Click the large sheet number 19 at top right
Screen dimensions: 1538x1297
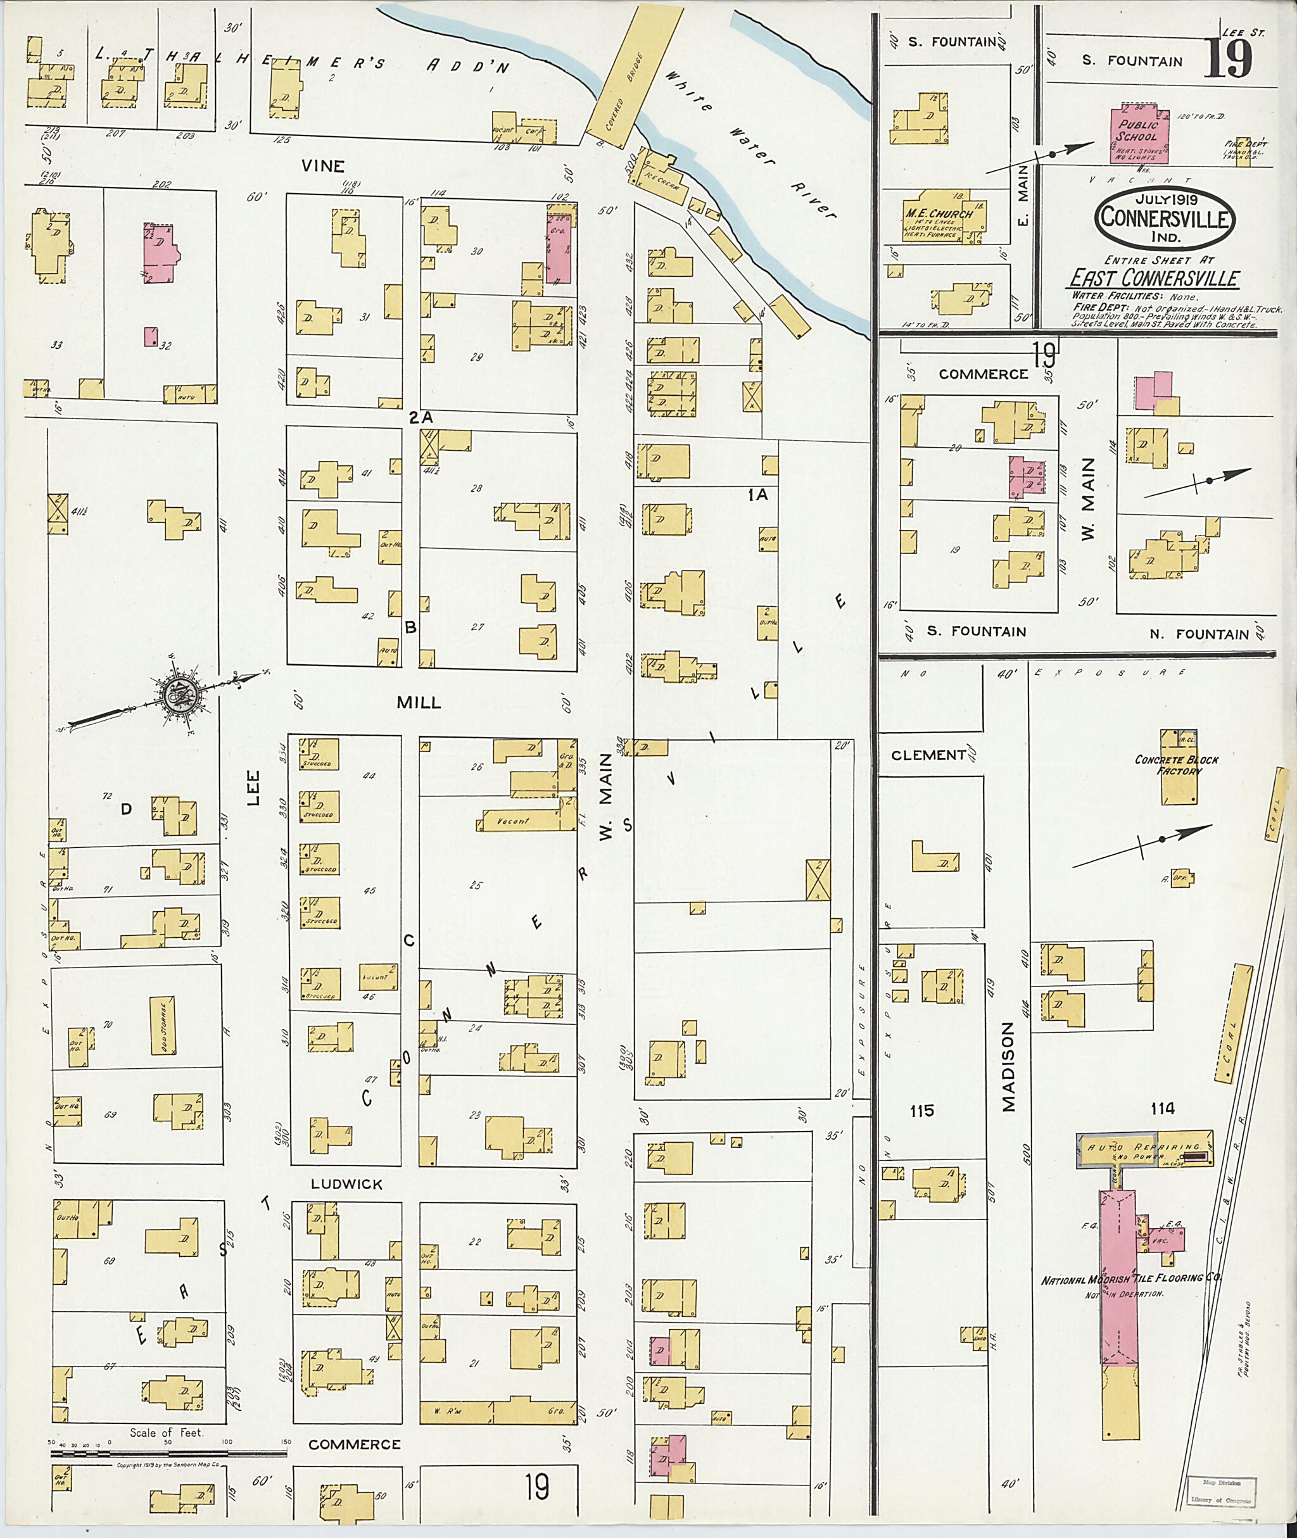click(x=1228, y=59)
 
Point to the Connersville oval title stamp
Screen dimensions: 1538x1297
click(x=1166, y=218)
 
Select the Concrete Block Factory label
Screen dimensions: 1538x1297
click(x=1177, y=766)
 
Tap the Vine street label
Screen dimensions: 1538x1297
click(x=322, y=166)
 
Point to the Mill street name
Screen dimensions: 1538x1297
click(x=419, y=703)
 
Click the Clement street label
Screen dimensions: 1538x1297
click(x=928, y=755)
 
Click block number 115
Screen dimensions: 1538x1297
click(x=921, y=1110)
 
